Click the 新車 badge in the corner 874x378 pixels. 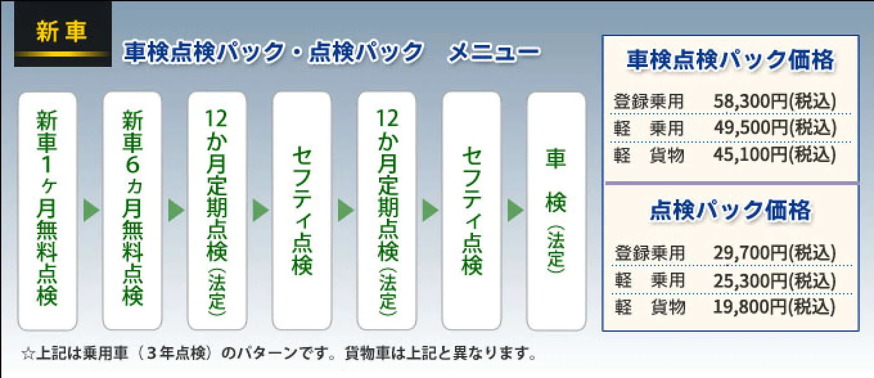(x=63, y=34)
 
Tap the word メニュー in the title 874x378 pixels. (x=494, y=52)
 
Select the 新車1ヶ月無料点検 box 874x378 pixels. (x=47, y=211)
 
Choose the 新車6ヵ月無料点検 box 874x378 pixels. (x=132, y=211)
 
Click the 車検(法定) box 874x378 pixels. (x=556, y=211)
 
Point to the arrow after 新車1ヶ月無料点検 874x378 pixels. (x=91, y=210)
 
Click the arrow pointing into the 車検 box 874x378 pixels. (x=515, y=210)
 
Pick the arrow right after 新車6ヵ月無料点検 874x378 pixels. (x=176, y=210)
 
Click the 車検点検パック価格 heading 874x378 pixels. (x=731, y=60)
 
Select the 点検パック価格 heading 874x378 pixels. (x=731, y=210)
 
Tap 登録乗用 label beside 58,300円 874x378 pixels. (x=649, y=101)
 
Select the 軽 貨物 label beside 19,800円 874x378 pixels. (x=650, y=307)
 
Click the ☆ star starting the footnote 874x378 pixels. (x=28, y=353)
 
